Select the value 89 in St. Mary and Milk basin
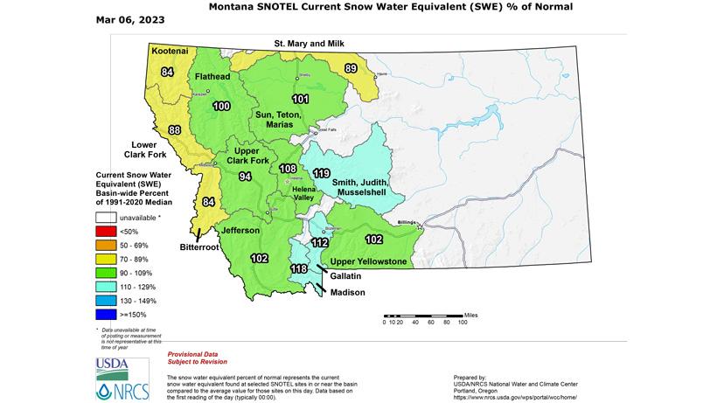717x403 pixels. point(351,69)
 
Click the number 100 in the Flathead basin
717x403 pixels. point(221,106)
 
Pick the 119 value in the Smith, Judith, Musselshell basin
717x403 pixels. point(321,172)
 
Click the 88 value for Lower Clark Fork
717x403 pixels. point(175,130)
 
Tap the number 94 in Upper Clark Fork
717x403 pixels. point(246,177)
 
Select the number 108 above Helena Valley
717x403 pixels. point(287,168)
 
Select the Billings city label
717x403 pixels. point(406,223)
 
